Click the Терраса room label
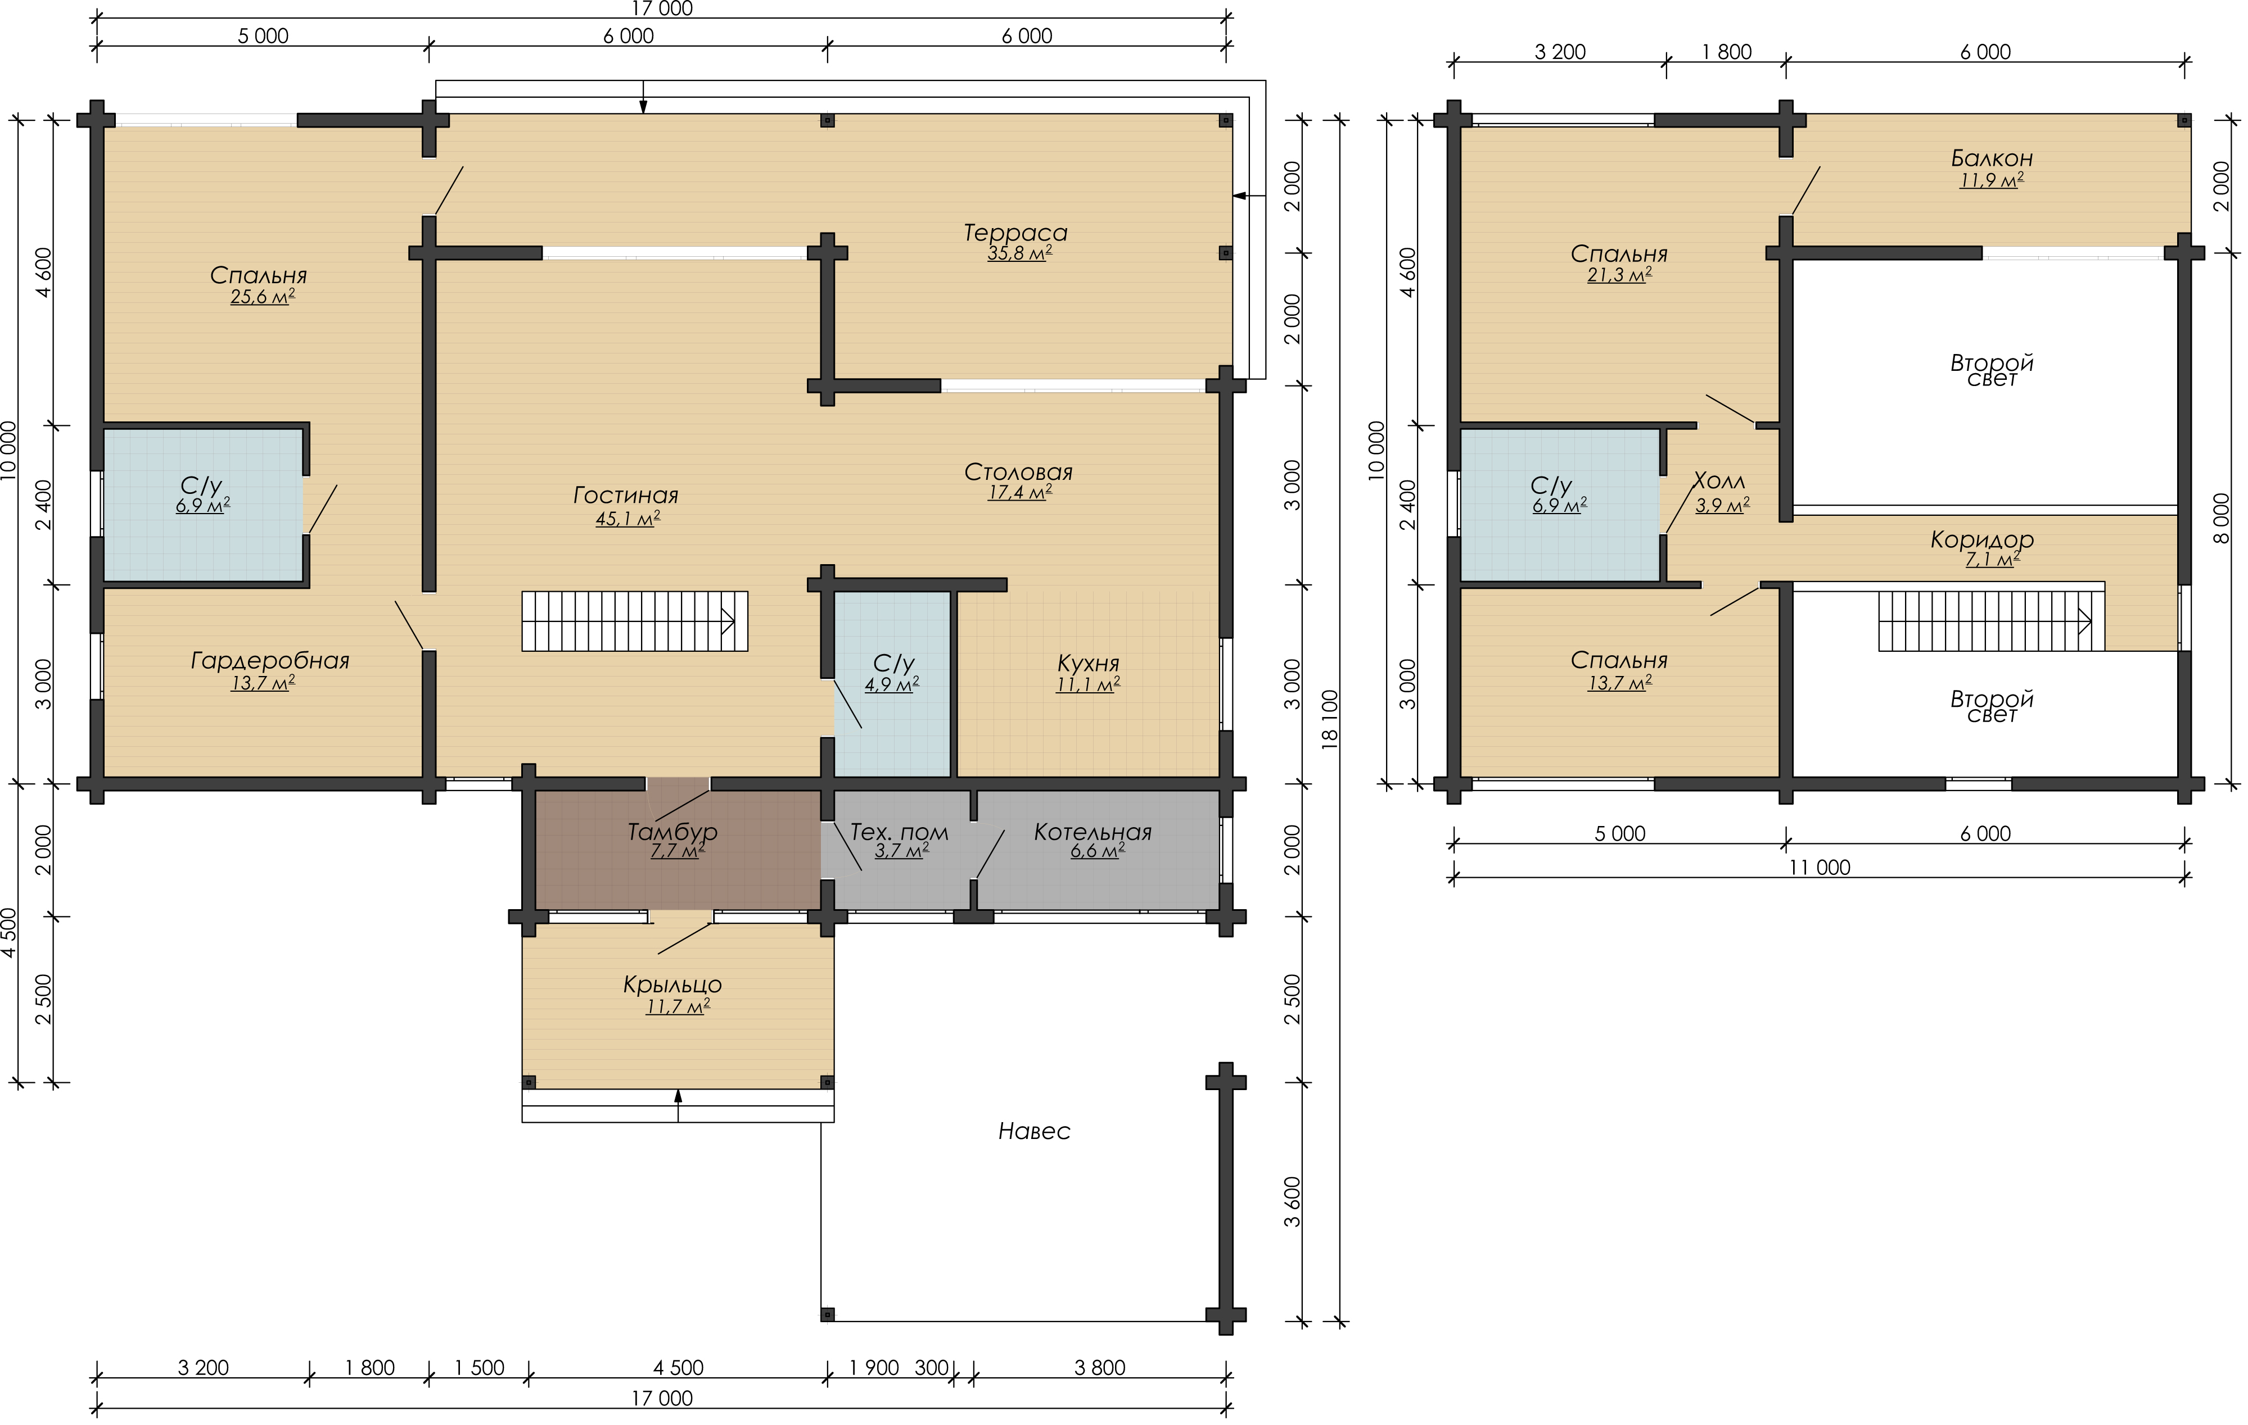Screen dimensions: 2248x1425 [x=1015, y=233]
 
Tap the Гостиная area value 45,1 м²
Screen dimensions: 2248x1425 [x=628, y=519]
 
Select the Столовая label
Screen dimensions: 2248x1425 [x=1018, y=472]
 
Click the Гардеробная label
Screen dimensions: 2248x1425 [x=270, y=661]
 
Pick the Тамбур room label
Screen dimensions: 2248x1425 [x=672, y=832]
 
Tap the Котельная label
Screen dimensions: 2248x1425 [x=1093, y=832]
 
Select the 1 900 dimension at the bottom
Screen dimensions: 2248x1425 [x=874, y=1368]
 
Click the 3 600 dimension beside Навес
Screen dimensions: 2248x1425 [x=1292, y=1202]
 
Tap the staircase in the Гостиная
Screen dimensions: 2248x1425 [x=635, y=620]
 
